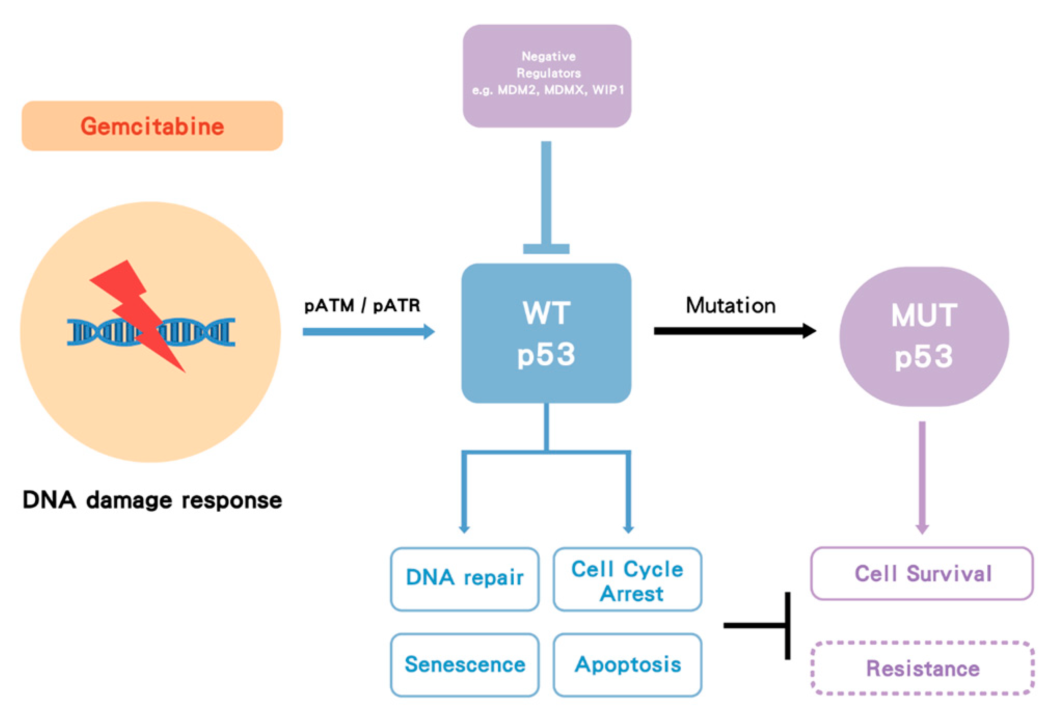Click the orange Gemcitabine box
coord(152,126)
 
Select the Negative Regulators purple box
coord(547,76)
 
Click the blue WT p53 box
coord(546,333)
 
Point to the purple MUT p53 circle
coord(924,337)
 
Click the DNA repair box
coord(464,578)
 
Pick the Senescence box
coord(464,664)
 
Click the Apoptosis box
coord(627,664)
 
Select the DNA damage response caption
coord(152,500)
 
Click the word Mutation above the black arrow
coord(730,305)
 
